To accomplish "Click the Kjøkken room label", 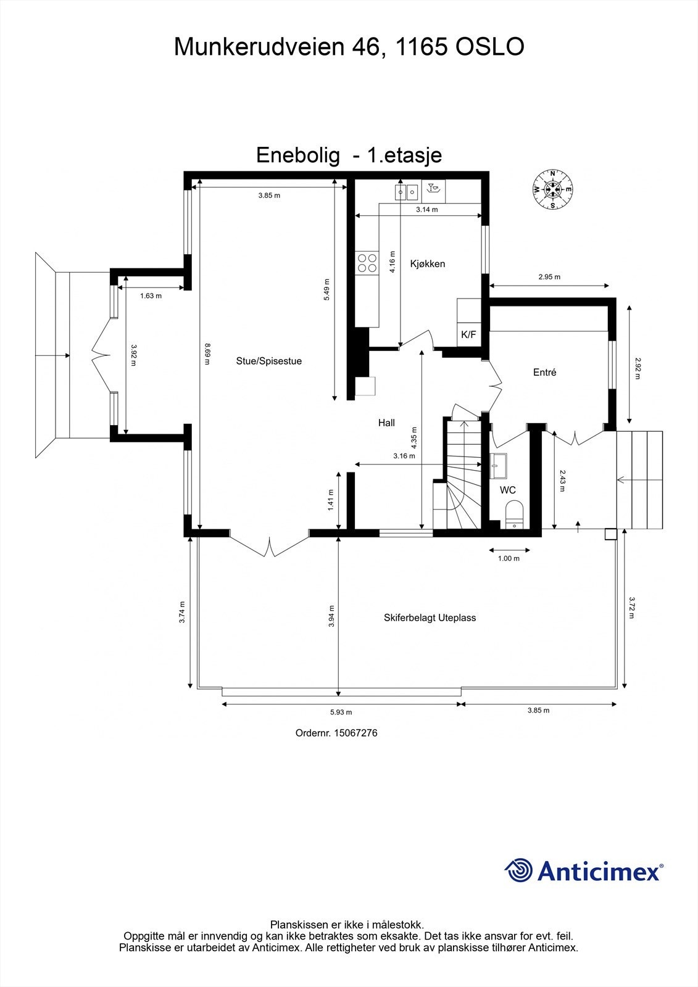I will pos(427,264).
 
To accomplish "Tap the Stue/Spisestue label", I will pos(268,361).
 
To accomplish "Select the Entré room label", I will pos(544,373).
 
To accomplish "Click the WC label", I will pos(507,490).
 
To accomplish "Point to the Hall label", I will pos(386,423).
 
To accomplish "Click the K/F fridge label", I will pos(468,335).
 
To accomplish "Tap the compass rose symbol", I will pos(553,189).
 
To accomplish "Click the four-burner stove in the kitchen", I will pos(367,263).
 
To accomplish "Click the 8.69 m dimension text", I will pos(207,354).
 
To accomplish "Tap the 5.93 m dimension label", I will pos(341,712).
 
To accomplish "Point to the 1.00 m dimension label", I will pos(509,559).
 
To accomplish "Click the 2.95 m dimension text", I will pos(549,277).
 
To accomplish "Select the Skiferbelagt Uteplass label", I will pos(430,617).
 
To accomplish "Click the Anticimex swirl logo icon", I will pos(518,871).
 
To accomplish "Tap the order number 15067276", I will pos(355,733).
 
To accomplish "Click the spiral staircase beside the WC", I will pos(463,487).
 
